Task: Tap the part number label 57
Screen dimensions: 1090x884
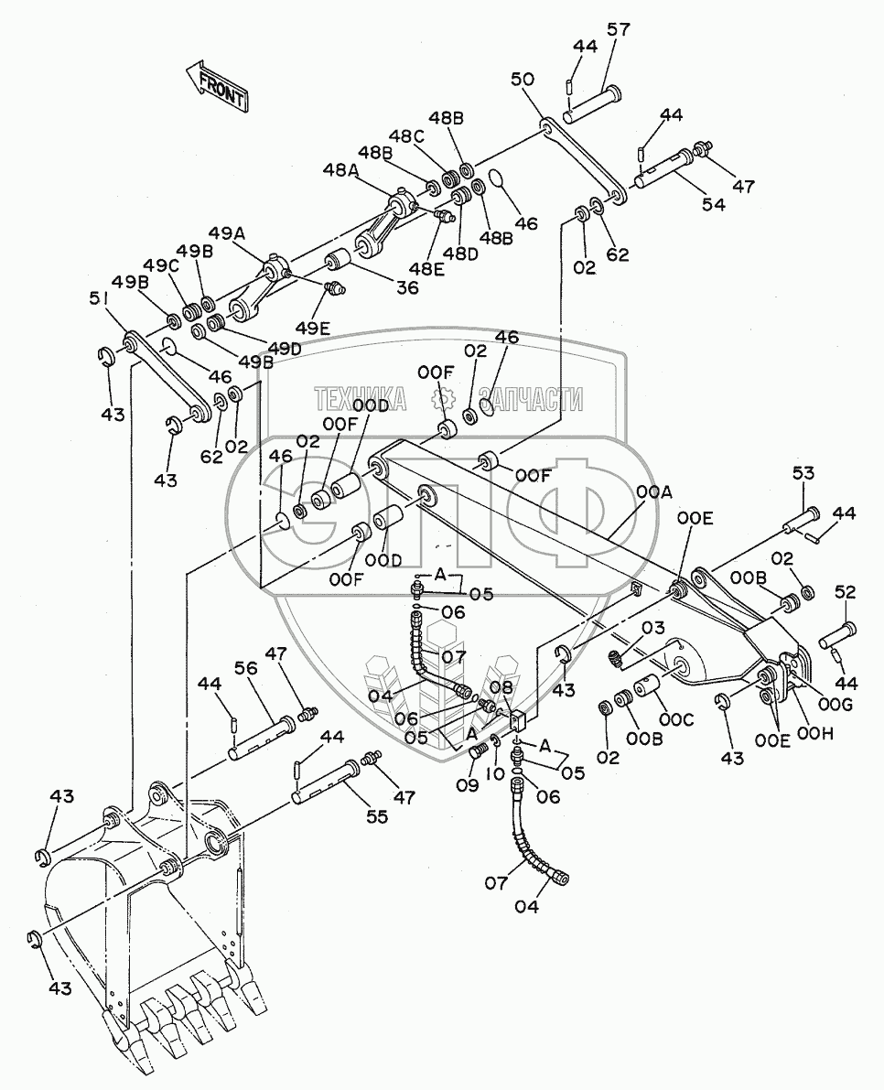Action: click(619, 30)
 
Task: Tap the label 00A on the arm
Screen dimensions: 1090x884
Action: click(654, 493)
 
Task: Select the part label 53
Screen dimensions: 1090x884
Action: click(803, 473)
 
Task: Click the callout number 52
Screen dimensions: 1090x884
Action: click(844, 592)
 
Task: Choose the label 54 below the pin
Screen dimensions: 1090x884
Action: click(713, 205)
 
